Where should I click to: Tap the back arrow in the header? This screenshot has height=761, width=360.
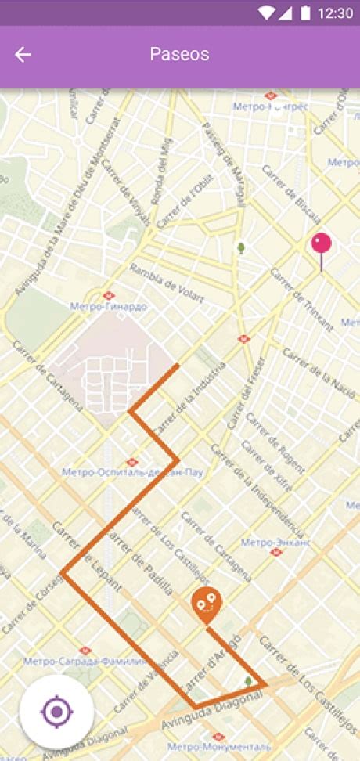[23, 54]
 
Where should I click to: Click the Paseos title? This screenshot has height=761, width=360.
[179, 54]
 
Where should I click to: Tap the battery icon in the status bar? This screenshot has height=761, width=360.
[304, 13]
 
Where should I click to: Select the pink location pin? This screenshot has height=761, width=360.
[321, 244]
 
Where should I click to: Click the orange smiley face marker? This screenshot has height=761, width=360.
[207, 603]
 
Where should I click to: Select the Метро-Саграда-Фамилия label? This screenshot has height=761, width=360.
[85, 661]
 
